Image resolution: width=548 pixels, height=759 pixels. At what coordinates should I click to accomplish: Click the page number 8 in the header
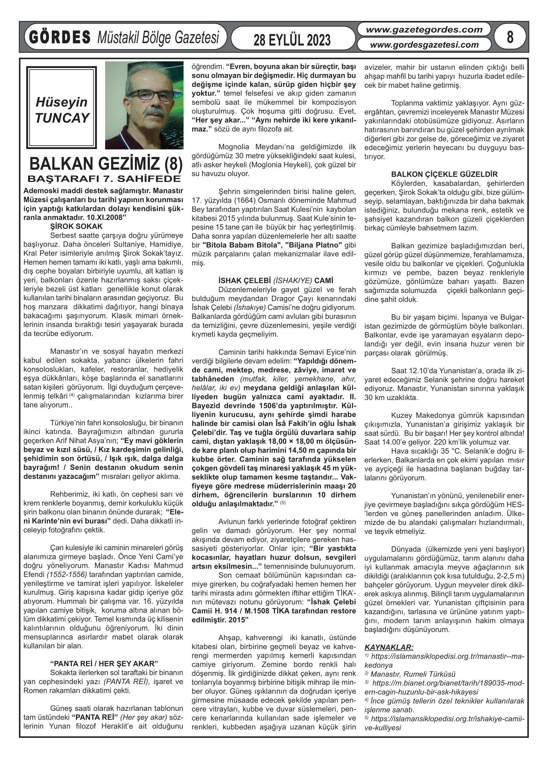(x=509, y=37)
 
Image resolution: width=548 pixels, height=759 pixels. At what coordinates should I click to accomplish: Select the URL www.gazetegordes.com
(x=424, y=29)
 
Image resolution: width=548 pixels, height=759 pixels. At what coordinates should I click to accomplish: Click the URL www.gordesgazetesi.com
(x=424, y=44)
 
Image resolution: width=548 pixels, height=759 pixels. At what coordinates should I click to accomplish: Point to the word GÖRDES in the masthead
(x=60, y=37)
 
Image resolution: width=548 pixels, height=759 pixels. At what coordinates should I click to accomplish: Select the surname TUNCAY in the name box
(x=62, y=118)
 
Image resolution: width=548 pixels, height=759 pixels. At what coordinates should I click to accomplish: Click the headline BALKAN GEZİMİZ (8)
(x=106, y=164)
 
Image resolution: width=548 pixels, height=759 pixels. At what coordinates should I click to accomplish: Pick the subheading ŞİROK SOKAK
(x=76, y=226)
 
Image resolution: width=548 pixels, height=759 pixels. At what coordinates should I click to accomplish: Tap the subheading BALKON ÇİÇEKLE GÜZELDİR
(x=444, y=174)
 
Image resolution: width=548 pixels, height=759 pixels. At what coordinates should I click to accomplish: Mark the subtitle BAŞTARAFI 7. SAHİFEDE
(x=104, y=178)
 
